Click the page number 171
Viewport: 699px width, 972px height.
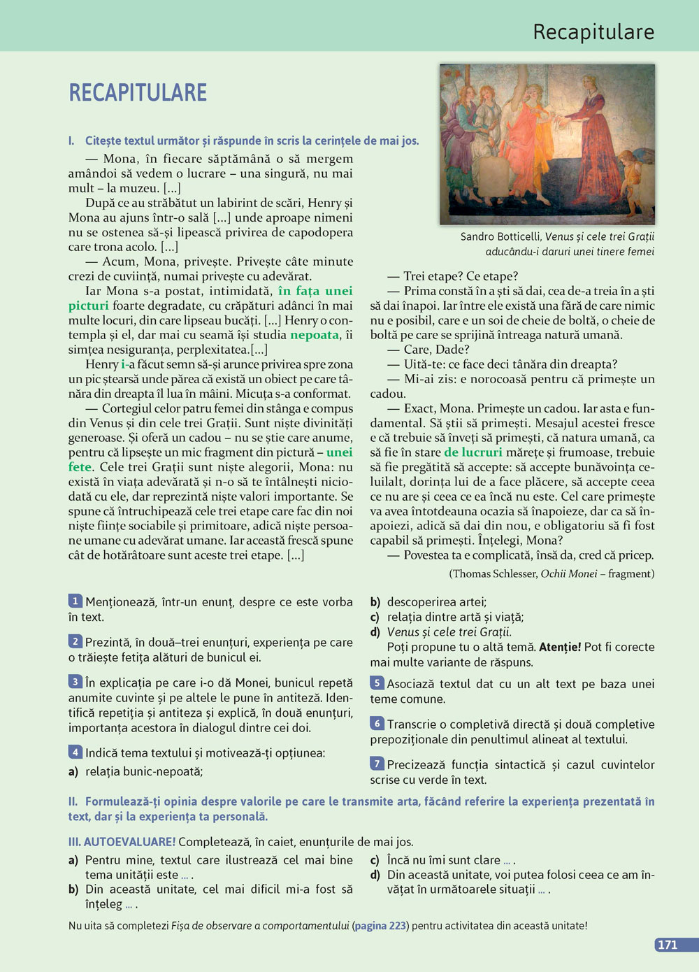pos(668,945)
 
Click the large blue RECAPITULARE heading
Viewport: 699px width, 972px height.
pos(138,92)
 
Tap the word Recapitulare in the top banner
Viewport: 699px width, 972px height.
pos(593,32)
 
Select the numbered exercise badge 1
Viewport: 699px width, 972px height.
pos(75,601)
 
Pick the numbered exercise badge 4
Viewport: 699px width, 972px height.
pos(75,752)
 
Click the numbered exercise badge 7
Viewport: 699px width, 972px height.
pos(377,764)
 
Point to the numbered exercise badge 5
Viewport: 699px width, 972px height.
pos(377,683)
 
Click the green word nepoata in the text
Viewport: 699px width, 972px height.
pos(315,335)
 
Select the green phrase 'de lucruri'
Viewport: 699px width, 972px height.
pos(473,452)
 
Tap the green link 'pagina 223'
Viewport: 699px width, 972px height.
pos(380,926)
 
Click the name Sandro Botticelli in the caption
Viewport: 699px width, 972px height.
pos(500,237)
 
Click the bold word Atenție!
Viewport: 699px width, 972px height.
pos(560,647)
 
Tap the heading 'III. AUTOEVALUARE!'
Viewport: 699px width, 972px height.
pos(122,842)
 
